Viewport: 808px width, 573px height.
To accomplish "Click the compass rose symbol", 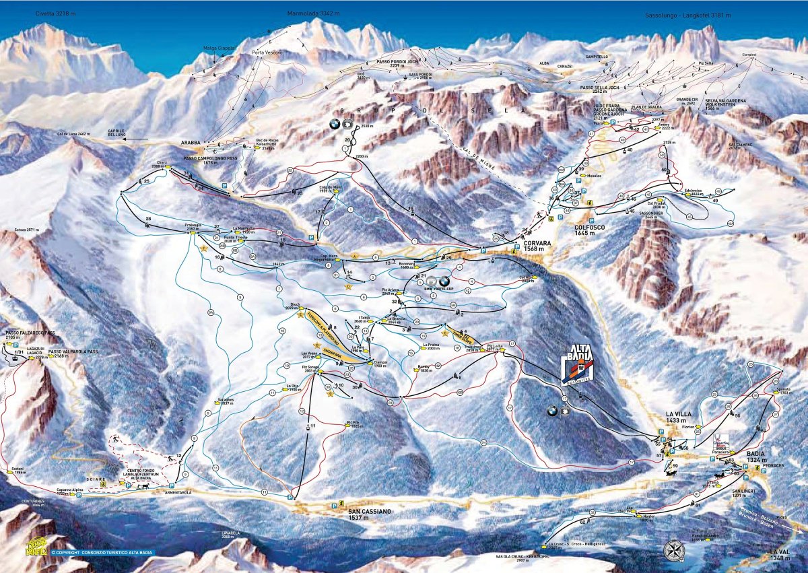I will (673, 549).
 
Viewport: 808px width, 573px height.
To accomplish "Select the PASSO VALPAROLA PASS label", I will (73, 351).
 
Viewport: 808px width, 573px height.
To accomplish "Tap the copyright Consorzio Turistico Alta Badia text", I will (101, 553).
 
